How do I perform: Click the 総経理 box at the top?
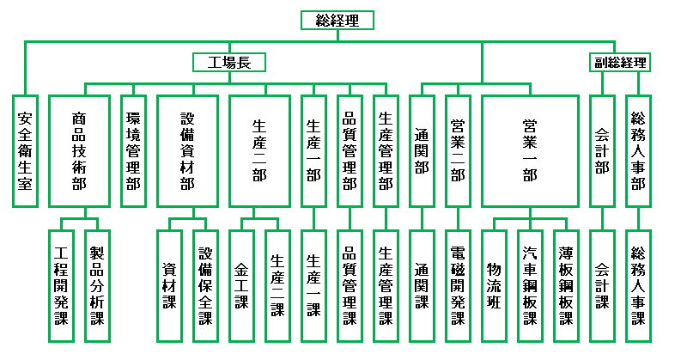point(337,21)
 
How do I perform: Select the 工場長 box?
point(229,63)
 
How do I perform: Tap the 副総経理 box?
point(620,63)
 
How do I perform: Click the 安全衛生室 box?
point(25,151)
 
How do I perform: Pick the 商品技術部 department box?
point(79,151)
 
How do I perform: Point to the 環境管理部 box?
point(133,151)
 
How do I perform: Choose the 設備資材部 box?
point(187,151)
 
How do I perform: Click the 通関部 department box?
point(422,151)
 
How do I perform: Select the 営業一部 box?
point(530,151)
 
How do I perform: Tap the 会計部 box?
point(602,151)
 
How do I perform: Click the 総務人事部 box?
point(638,151)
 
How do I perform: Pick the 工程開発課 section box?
point(61,286)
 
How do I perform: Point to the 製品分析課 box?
point(97,286)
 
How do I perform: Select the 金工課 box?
point(241,286)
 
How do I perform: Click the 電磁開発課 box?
point(458,286)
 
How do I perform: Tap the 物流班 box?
point(494,286)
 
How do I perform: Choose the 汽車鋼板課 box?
point(530,286)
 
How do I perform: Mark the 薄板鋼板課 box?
point(566,286)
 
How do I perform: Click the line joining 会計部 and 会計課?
point(602,219)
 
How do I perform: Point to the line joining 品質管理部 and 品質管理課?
point(350,219)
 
